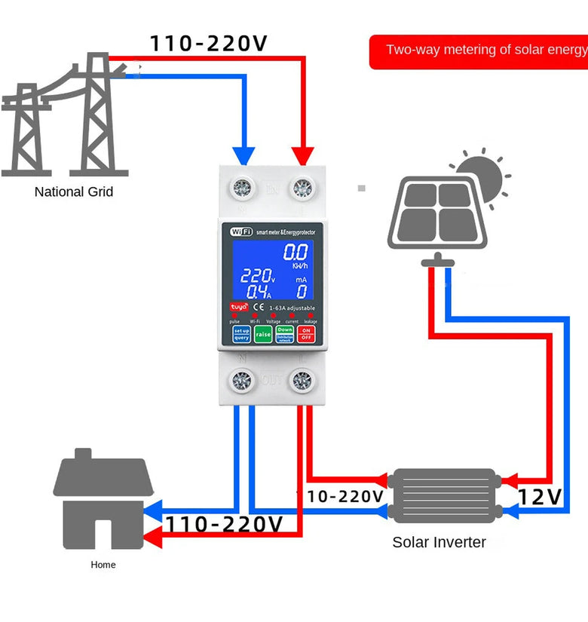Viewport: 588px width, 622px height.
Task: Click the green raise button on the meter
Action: (x=263, y=334)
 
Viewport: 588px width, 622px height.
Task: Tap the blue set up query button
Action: (x=241, y=334)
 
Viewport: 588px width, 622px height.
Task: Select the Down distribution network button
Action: (x=285, y=334)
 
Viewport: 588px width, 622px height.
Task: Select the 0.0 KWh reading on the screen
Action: (x=296, y=253)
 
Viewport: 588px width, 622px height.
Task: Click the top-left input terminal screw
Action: (x=241, y=188)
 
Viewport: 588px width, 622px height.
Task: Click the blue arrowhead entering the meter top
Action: (x=243, y=155)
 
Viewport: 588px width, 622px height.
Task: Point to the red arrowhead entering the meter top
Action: (x=303, y=155)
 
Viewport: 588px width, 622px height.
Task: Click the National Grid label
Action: (x=74, y=192)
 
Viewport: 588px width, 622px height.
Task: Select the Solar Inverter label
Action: (x=439, y=542)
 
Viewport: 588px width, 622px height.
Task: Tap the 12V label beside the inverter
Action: (x=540, y=497)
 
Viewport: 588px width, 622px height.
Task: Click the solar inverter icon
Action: (x=445, y=496)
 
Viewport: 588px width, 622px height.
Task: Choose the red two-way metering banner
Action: (x=479, y=51)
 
